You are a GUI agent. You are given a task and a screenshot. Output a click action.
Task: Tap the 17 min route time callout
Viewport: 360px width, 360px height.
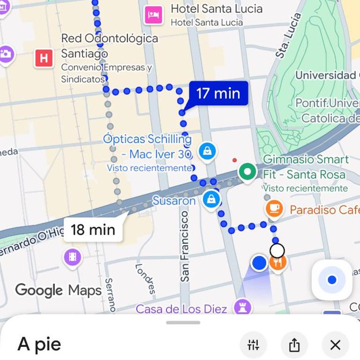click(218, 93)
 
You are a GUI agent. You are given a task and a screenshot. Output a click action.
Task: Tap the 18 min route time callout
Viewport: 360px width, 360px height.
click(93, 230)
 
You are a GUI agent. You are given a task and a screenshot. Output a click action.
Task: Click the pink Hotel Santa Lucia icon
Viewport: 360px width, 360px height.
click(154, 15)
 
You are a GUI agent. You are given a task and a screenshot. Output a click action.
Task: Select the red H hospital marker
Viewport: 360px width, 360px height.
click(44, 58)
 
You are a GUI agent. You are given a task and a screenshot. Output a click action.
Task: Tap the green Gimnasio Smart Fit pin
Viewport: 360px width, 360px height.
click(247, 172)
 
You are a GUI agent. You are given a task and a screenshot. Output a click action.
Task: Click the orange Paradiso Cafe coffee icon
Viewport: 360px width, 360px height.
click(274, 208)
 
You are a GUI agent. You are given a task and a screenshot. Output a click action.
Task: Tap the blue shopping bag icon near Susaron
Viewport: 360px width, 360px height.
click(211, 199)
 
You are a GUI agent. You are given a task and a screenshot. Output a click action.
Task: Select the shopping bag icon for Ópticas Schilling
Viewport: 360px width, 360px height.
click(207, 151)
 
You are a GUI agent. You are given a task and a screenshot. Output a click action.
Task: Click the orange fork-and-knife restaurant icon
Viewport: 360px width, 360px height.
click(278, 262)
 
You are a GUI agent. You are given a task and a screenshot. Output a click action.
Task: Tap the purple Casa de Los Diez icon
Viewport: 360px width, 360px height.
click(243, 307)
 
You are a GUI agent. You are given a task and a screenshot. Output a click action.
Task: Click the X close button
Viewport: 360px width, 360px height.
click(335, 345)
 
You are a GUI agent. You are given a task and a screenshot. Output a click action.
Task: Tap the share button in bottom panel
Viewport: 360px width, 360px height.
click(294, 345)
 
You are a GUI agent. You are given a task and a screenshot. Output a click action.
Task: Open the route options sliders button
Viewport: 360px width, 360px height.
click(253, 345)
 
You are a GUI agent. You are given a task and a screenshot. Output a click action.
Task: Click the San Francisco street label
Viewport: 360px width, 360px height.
click(185, 246)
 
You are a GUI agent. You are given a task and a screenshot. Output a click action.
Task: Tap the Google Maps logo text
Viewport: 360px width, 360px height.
click(58, 290)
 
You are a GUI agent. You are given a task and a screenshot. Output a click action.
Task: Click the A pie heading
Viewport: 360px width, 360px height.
click(39, 344)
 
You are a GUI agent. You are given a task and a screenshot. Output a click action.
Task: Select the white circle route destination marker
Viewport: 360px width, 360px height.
click(277, 251)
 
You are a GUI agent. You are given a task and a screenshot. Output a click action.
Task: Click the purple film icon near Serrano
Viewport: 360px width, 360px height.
click(72, 257)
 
